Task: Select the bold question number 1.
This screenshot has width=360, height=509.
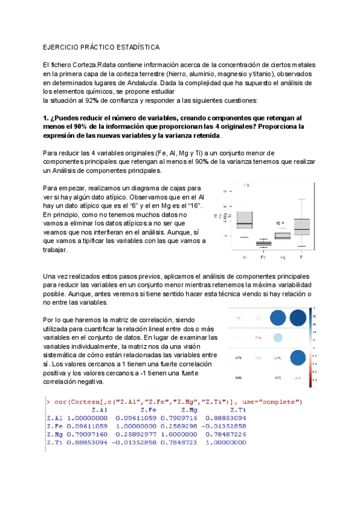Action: coord(46,119)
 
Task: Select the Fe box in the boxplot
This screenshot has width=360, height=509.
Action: coord(263,243)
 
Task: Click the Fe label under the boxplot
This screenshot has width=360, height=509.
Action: coord(263,258)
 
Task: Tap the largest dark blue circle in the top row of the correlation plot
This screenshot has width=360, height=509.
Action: coord(298,318)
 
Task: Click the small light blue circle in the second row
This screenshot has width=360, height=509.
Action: coord(278,338)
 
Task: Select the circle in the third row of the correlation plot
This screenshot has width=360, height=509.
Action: coord(298,358)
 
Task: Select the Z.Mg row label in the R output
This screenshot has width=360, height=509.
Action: coord(54,434)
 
